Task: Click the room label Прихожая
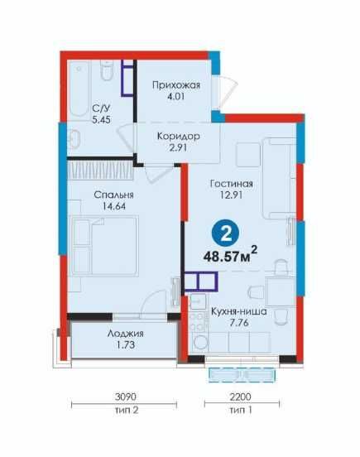[x=176, y=85]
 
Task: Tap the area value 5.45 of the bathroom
[x=101, y=120]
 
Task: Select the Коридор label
[x=178, y=136]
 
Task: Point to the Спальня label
[x=114, y=195]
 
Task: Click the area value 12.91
[x=231, y=195]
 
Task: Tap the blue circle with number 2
[x=225, y=233]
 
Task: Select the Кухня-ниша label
[x=239, y=311]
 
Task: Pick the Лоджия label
[x=126, y=334]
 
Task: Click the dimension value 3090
[x=126, y=397]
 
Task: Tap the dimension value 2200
[x=240, y=397]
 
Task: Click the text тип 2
[x=127, y=411]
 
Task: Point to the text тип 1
[x=241, y=411]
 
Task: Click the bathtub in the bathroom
[x=79, y=89]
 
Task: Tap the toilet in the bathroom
[x=107, y=70]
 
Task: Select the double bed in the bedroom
[x=105, y=245]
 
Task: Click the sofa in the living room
[x=279, y=178]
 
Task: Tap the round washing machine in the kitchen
[x=200, y=342]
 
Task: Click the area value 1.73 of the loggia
[x=126, y=345]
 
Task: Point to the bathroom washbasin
[x=74, y=138]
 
